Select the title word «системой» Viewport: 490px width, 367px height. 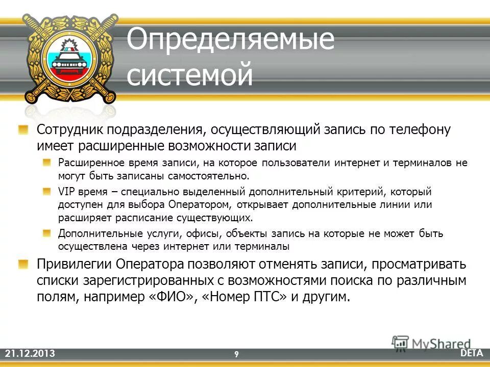point(189,74)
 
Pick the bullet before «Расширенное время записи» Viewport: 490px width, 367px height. point(47,163)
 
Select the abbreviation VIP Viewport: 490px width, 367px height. point(66,192)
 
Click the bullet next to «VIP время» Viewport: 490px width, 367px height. point(47,192)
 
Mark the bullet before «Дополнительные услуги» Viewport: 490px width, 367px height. point(47,233)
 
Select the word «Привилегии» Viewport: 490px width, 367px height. point(74,265)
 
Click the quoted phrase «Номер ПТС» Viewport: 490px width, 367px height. point(243,298)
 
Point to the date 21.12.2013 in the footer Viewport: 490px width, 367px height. point(30,354)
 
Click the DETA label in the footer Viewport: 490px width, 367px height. point(473,353)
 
